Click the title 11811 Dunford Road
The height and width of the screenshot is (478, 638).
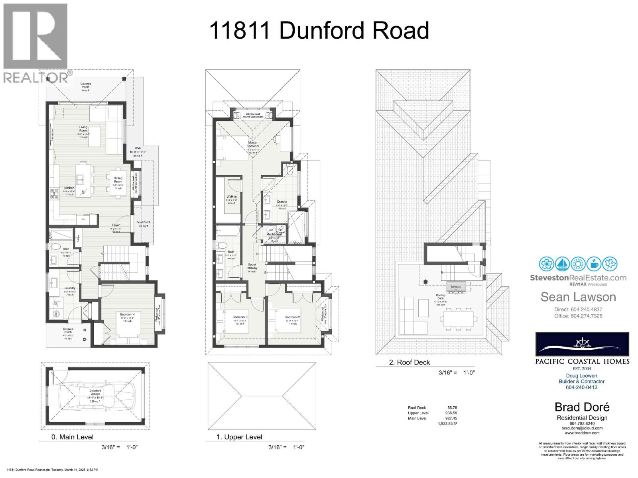tap(319, 30)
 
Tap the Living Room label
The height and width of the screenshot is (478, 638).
tap(83, 129)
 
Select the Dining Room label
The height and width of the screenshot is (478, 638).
tap(118, 180)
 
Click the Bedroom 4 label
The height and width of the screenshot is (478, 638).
tap(128, 314)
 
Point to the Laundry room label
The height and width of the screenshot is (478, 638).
tap(70, 288)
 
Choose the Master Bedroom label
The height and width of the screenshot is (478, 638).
tap(253, 145)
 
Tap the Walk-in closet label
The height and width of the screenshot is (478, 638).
tap(232, 197)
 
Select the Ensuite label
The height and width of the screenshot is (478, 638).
tap(282, 202)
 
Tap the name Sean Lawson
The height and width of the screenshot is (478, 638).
tap(578, 297)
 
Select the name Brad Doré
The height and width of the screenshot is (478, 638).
tap(582, 407)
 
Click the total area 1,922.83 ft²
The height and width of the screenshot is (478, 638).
tap(447, 424)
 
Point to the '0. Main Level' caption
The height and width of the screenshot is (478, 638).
tap(73, 437)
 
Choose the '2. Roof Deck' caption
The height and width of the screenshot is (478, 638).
tap(410, 362)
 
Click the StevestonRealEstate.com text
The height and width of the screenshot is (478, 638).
tap(578, 278)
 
